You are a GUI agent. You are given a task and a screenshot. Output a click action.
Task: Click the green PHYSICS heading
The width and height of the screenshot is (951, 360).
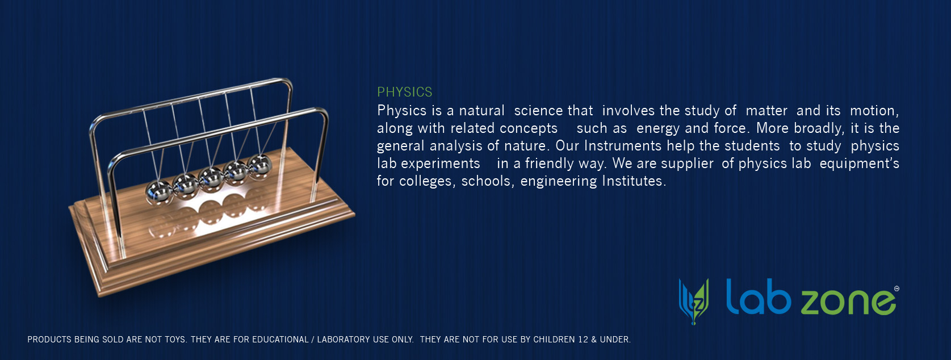click(x=405, y=91)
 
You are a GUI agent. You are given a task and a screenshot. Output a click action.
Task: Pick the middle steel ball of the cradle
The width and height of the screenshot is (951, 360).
click(x=211, y=179)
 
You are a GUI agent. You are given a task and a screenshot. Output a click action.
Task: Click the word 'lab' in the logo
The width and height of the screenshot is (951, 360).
click(x=759, y=296)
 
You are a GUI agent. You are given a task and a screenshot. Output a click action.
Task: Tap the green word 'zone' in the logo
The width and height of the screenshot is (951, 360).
click(x=848, y=302)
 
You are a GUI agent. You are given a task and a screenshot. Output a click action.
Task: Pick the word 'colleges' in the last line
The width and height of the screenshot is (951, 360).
click(x=425, y=181)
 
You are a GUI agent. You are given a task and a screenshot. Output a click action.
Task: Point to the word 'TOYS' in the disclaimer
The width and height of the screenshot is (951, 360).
click(x=175, y=339)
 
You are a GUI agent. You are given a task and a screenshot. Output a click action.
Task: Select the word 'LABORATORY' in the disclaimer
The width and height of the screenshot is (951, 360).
click(x=343, y=339)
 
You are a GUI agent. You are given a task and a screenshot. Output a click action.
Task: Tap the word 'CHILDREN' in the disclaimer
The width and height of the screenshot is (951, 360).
click(x=555, y=339)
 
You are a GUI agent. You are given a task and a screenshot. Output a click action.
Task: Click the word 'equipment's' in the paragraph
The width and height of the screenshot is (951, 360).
click(x=859, y=164)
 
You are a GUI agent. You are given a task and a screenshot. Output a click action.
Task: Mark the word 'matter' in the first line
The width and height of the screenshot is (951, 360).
click(x=766, y=110)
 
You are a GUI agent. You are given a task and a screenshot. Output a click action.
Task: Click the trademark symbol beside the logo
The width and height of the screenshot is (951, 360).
click(x=896, y=288)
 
